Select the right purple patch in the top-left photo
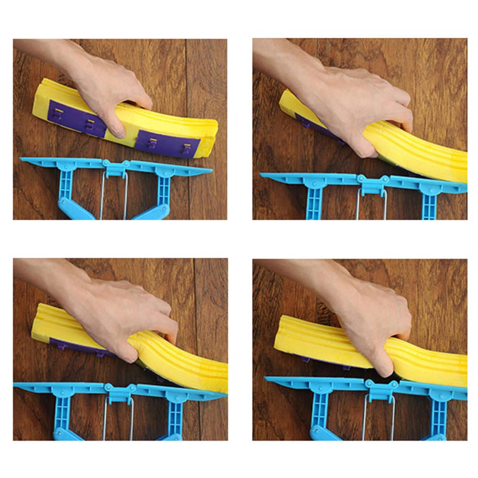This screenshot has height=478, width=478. pos(167,143)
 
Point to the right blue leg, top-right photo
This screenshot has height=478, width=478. pos(430,203)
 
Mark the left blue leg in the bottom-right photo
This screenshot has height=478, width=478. pos(319,411)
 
